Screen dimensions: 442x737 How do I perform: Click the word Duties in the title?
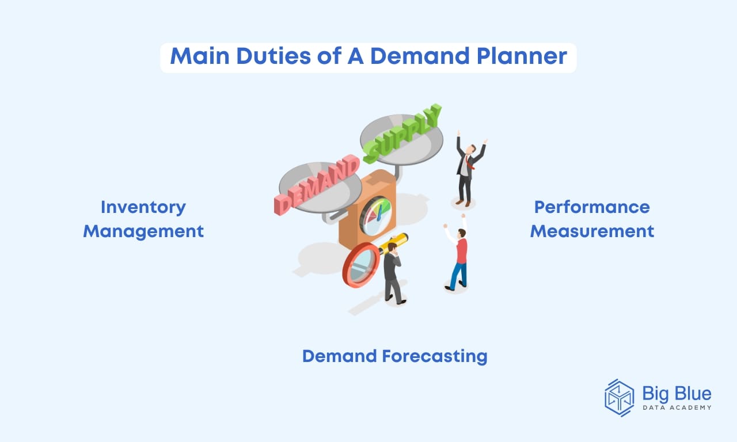259,58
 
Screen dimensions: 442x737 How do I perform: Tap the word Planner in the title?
521,58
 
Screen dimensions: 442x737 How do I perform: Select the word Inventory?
143,207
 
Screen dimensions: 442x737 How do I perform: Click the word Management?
143,231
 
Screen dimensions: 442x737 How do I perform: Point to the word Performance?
592,207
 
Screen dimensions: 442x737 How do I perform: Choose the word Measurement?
592,231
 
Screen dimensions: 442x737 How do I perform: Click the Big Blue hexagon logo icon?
619,397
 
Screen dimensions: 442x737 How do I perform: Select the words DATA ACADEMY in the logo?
677,407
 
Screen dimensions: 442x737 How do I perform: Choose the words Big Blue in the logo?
677,394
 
